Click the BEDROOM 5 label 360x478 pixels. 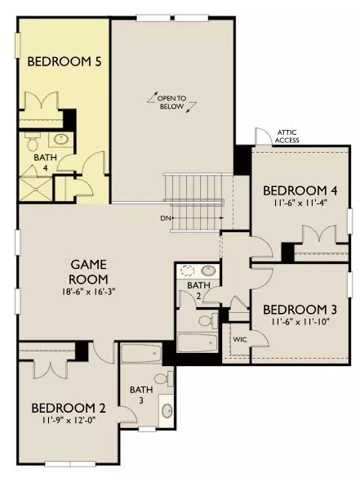point(64,61)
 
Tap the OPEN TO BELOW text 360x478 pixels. point(171,102)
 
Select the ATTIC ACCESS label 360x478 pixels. point(287,136)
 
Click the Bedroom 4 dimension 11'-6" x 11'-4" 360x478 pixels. point(300,203)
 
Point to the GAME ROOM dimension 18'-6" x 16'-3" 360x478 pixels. point(88,292)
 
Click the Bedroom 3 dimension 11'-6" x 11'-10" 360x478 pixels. point(301,322)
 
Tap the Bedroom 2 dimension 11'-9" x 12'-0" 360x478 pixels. point(69,420)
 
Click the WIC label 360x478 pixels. point(240,340)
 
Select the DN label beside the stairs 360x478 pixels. point(165,218)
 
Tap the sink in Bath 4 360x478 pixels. point(62,140)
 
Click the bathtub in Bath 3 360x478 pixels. point(141,353)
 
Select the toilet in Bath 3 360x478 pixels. point(164,379)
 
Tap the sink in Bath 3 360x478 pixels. point(167,411)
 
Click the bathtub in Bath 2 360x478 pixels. point(198,343)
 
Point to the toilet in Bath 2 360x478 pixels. point(208,320)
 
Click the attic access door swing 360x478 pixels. point(264,136)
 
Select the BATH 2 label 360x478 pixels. point(198,290)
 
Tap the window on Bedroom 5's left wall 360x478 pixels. point(18,45)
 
